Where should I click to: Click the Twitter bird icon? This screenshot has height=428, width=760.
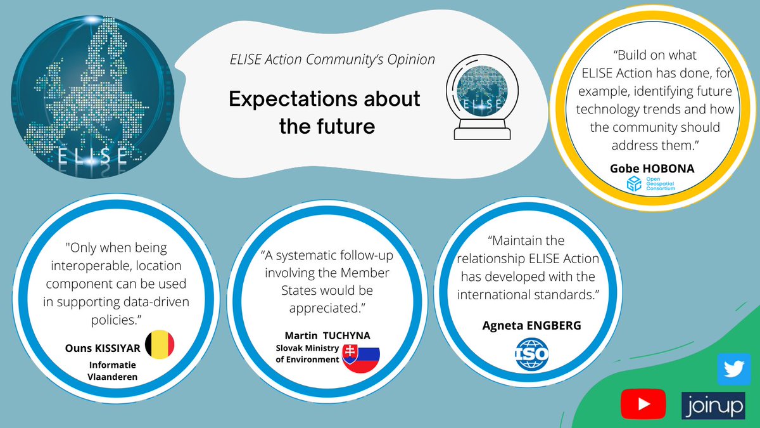[x=733, y=368]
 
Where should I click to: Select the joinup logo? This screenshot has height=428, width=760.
[x=714, y=405]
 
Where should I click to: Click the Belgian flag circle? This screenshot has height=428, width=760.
[x=160, y=345]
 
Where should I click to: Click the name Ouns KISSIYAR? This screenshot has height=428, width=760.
[x=102, y=347]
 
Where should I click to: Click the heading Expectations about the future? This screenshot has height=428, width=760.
[x=324, y=112]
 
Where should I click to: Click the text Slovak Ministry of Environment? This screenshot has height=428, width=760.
[x=307, y=354]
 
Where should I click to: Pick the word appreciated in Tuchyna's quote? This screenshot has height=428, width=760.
[x=327, y=308]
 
